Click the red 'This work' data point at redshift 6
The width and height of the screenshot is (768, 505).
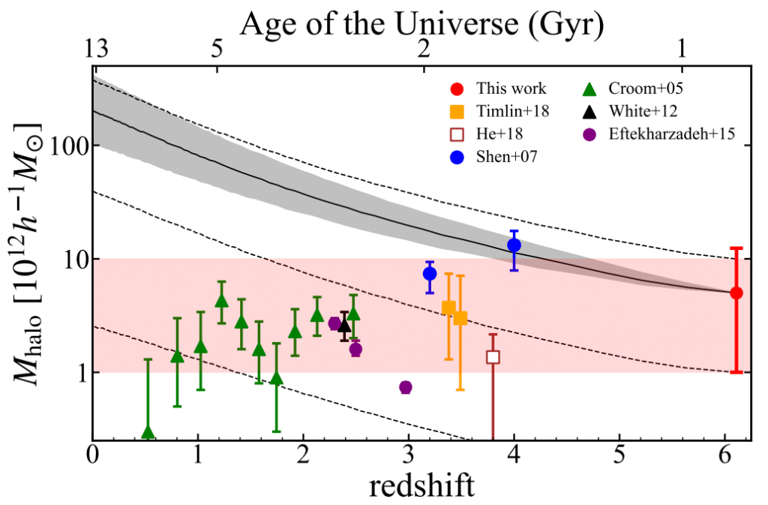tap(736, 293)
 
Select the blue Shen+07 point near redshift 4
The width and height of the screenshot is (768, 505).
tap(514, 245)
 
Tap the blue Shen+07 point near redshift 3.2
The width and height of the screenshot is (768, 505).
tap(430, 274)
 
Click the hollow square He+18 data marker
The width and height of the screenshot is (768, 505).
tap(493, 357)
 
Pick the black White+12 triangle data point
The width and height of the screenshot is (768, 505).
tap(344, 326)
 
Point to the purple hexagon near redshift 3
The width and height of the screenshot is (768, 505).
tap(406, 387)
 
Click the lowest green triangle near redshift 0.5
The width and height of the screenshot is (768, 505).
tap(148, 432)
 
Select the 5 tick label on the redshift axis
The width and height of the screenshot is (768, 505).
tap(619, 456)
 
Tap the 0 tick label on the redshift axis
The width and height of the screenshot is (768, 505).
tap(92, 456)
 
